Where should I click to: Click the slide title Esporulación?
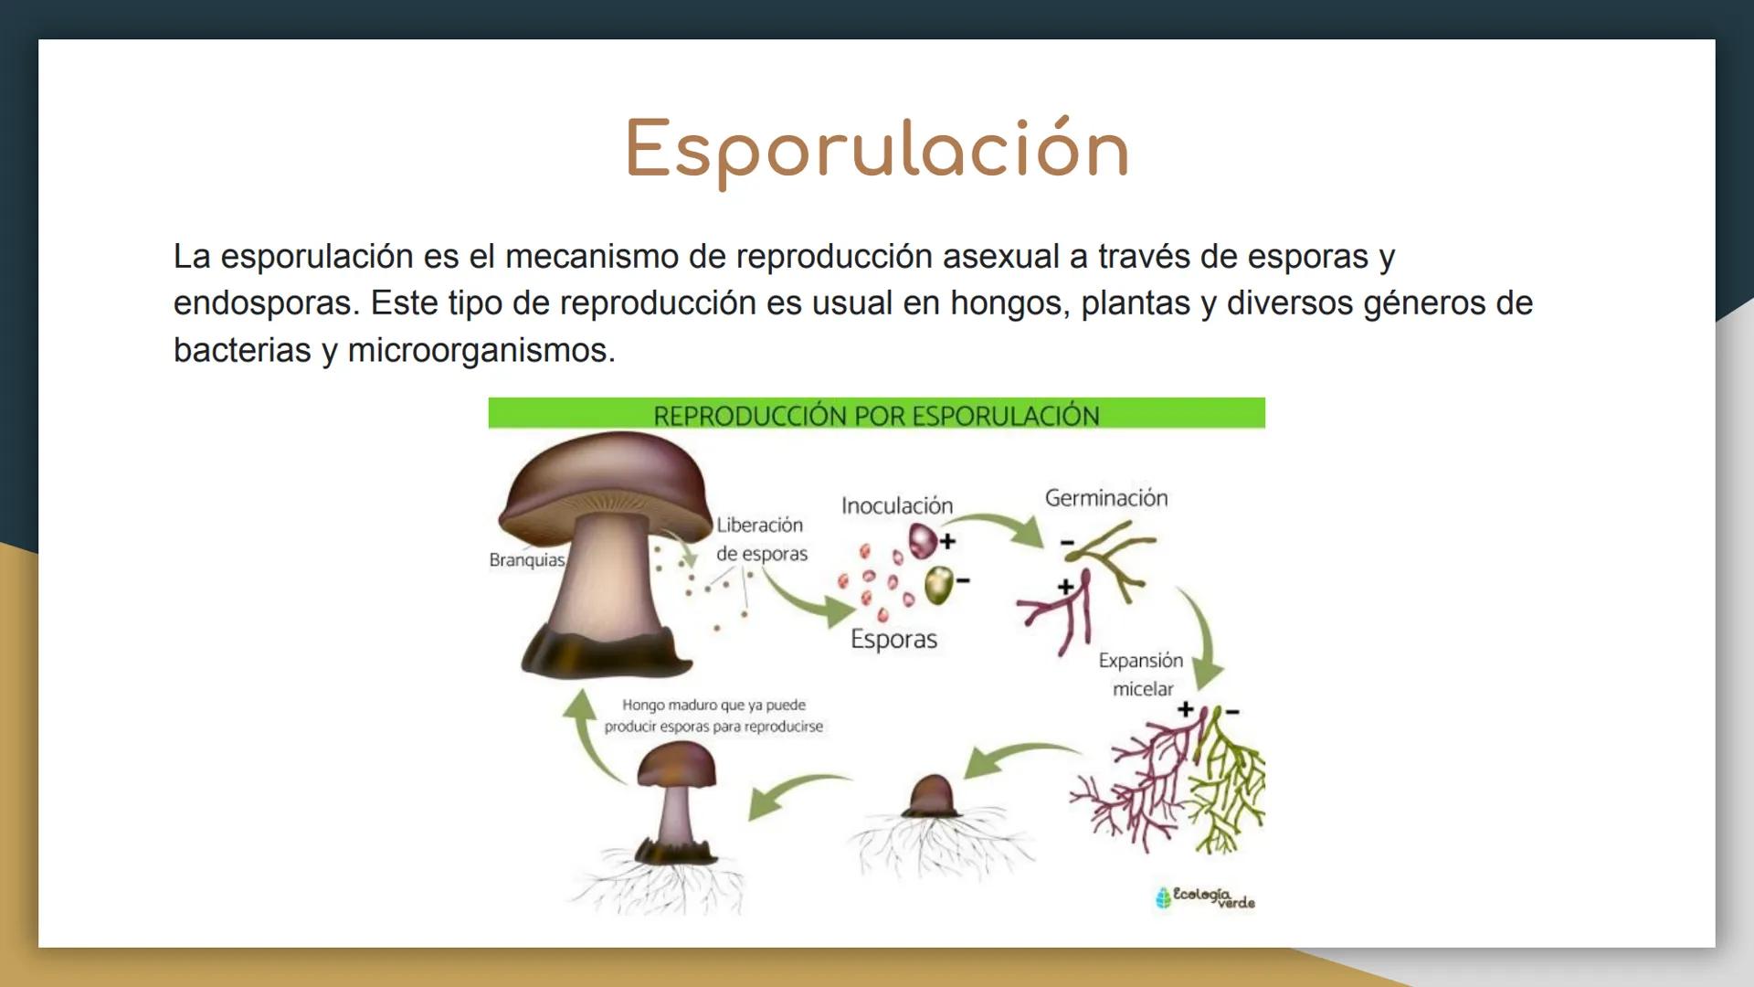(877, 150)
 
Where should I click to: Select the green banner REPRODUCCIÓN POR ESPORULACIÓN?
(877, 414)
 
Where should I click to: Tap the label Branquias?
(527, 560)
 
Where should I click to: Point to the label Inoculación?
(897, 505)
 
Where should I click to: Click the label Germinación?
(1106, 498)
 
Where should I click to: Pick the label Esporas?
(893, 639)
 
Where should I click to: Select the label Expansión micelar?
(1141, 674)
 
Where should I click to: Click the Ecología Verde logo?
(1206, 897)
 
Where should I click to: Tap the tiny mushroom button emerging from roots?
(933, 796)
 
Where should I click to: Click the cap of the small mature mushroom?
(677, 763)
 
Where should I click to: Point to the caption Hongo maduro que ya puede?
(713, 705)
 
